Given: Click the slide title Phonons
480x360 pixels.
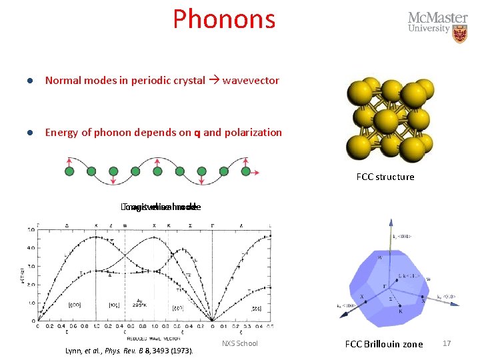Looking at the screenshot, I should [224, 19].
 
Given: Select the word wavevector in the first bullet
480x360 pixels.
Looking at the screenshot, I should [251, 81].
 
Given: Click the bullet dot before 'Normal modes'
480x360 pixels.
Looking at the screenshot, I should [30, 81].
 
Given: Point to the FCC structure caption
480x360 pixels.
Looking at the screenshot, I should [385, 177].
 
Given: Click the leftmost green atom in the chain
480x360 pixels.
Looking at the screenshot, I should [69, 172].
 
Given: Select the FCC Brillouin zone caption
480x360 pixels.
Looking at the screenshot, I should [383, 344].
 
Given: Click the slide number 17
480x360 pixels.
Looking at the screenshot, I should [447, 343].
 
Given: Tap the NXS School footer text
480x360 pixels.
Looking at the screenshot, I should [239, 343].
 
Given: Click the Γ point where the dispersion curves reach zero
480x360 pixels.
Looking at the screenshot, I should [213, 321].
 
